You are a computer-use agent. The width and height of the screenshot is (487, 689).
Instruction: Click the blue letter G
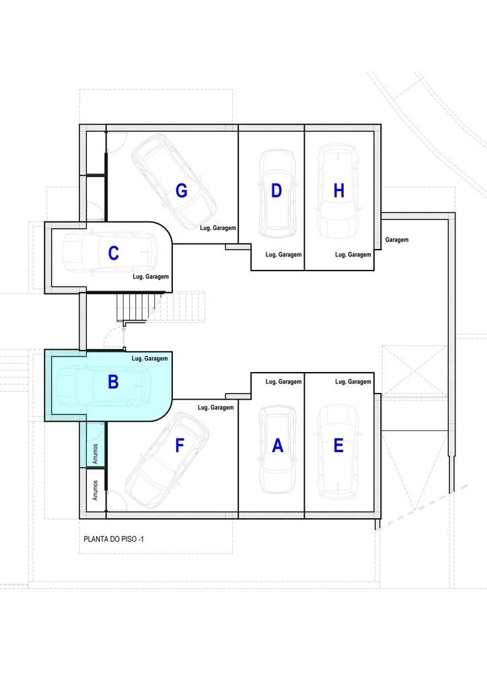(x=182, y=190)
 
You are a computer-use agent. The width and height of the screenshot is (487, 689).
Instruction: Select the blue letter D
(x=276, y=190)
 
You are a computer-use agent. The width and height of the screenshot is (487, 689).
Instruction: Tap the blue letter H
(x=338, y=190)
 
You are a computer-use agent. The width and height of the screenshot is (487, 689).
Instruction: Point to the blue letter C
(x=113, y=253)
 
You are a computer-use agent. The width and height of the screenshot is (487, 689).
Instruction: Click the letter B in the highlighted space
(x=113, y=382)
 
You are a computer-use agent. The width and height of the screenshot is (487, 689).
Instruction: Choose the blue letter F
(x=179, y=445)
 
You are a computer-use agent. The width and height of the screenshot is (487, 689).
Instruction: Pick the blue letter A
(x=278, y=445)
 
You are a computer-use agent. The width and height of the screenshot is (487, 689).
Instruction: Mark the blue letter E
(x=338, y=445)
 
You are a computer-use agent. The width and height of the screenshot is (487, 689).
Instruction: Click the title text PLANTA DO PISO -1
(x=114, y=539)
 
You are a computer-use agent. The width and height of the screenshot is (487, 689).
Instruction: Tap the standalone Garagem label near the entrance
(x=397, y=240)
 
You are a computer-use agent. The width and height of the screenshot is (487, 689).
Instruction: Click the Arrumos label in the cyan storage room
(x=96, y=454)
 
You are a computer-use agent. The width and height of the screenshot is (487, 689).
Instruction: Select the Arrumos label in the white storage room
(x=96, y=490)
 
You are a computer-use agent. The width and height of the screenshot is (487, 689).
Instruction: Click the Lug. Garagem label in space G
(x=218, y=228)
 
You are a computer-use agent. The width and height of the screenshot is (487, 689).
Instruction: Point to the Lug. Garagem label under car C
(x=151, y=277)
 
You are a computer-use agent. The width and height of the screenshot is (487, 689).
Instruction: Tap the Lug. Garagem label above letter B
(x=150, y=359)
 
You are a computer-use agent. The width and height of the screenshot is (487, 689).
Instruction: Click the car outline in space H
(x=338, y=191)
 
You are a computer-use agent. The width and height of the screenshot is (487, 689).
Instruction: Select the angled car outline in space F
(x=167, y=460)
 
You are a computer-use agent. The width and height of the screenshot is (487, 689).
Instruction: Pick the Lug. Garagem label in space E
(x=353, y=382)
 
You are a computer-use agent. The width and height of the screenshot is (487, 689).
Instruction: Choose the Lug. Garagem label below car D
(x=284, y=255)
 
